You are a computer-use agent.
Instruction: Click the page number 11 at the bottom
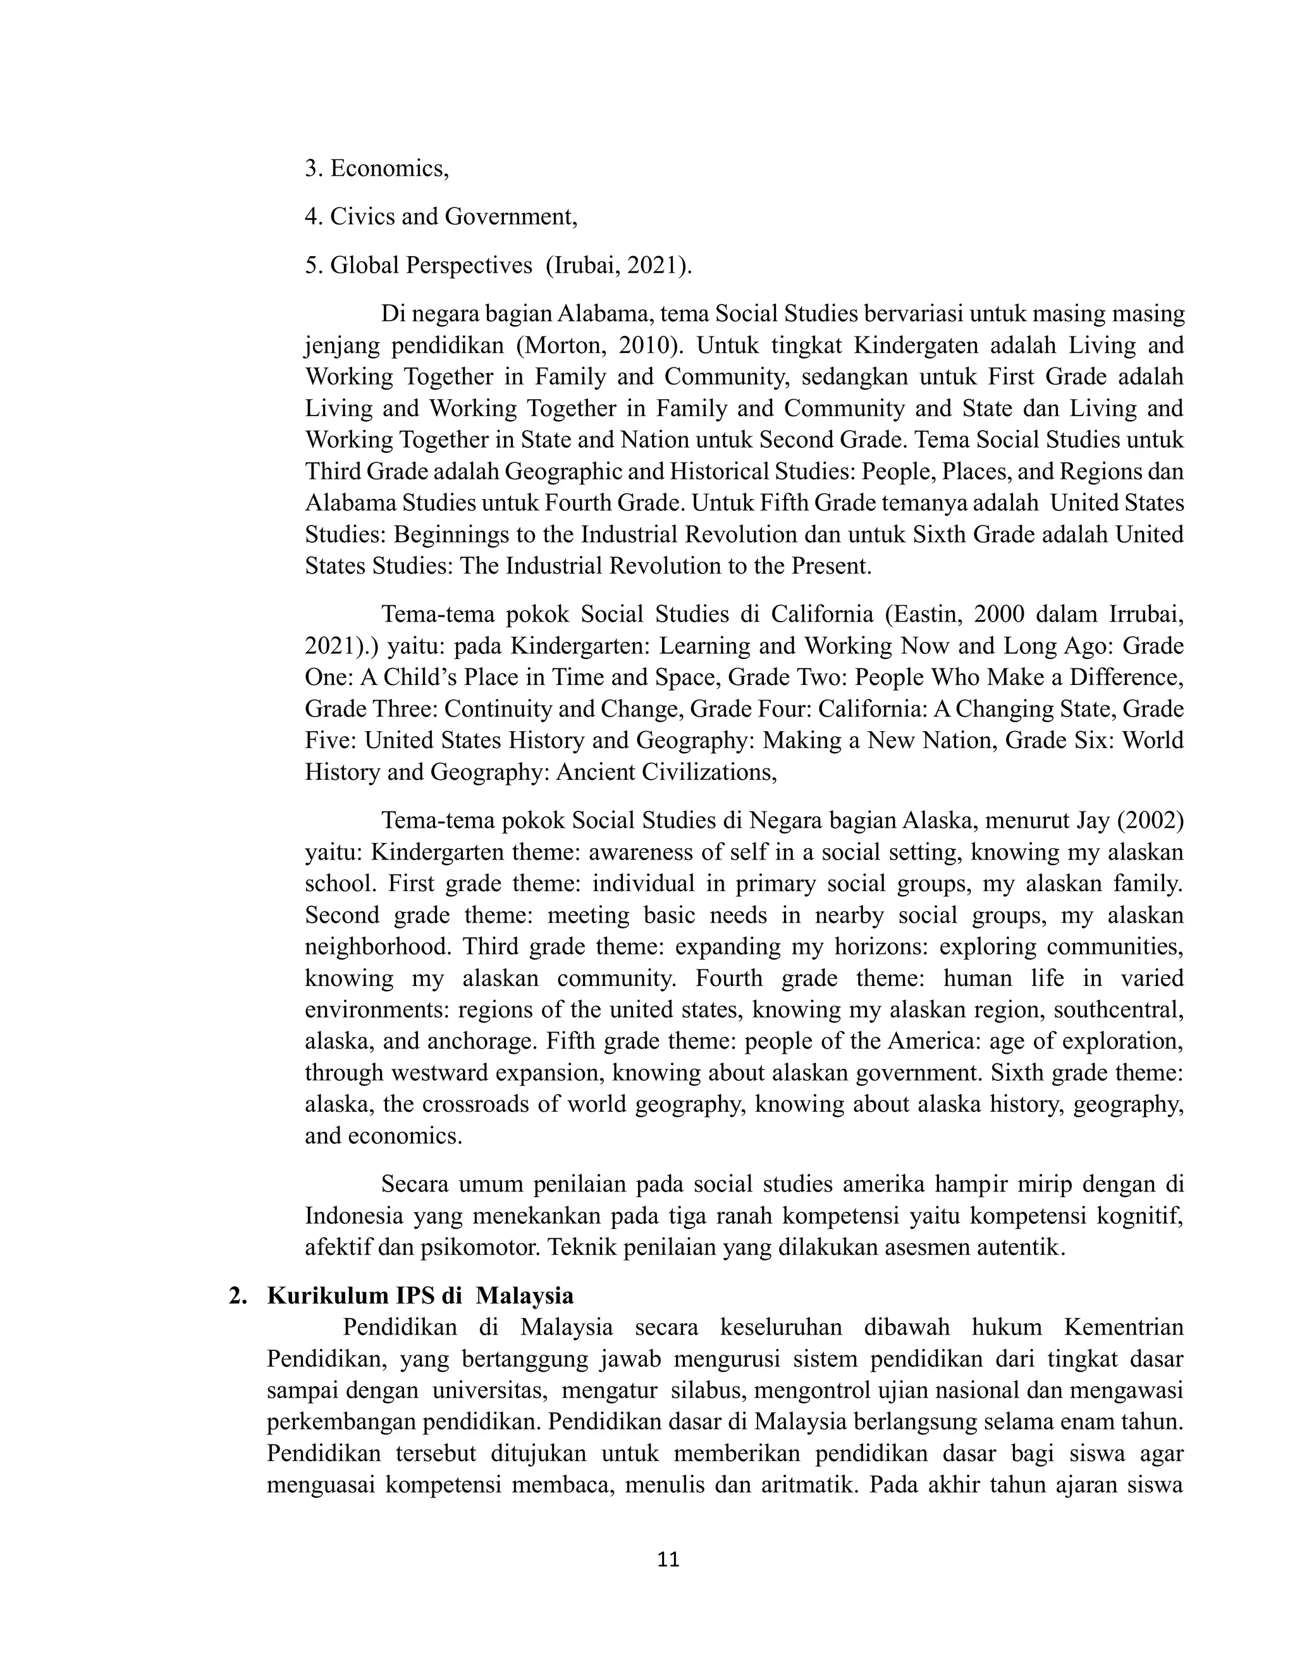(x=668, y=1560)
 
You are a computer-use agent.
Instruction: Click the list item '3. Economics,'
(x=376, y=168)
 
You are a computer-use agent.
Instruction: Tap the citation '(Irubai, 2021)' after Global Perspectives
(x=618, y=265)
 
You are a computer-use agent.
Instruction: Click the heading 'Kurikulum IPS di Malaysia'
(x=420, y=1295)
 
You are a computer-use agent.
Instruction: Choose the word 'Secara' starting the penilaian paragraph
(x=414, y=1184)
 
